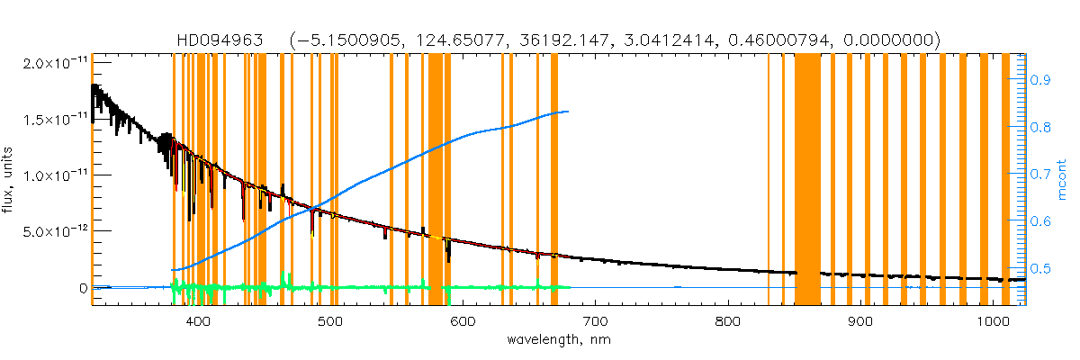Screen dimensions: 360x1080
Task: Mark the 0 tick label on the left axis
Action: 83,288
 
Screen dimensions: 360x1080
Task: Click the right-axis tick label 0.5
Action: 1041,268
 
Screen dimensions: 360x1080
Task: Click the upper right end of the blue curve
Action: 567,112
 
